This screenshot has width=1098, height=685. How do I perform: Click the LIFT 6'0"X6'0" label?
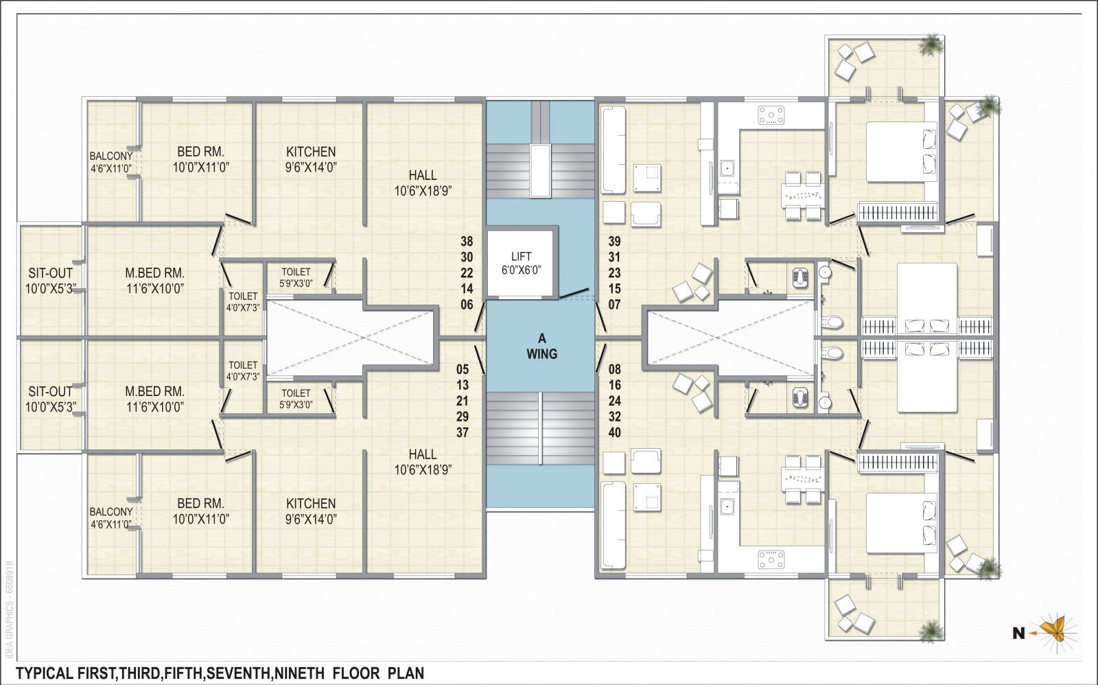point(521,264)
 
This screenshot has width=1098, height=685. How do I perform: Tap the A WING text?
point(541,346)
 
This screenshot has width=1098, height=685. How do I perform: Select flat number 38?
point(467,241)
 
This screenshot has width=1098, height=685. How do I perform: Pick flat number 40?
point(615,432)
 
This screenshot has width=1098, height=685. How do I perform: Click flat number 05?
point(463,369)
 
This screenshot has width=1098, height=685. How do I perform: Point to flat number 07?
point(615,305)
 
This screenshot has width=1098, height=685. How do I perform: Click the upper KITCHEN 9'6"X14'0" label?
point(311,159)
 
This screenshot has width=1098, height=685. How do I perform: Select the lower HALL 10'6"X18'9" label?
point(423,462)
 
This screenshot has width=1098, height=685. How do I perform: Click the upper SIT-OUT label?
point(51,273)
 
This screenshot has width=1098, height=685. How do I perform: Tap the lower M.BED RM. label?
point(155,391)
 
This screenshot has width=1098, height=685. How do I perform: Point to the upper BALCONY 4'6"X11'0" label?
point(111,162)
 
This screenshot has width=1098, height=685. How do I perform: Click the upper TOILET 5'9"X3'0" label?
point(296,277)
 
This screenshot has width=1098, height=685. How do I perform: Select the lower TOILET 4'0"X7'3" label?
point(243,371)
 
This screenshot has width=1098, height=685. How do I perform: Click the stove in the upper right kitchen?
point(771,115)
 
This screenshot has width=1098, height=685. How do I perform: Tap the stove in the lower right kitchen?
point(771,559)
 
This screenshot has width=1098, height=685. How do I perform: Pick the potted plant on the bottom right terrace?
point(931,631)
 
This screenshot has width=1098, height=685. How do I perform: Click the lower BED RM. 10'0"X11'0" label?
point(201,511)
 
